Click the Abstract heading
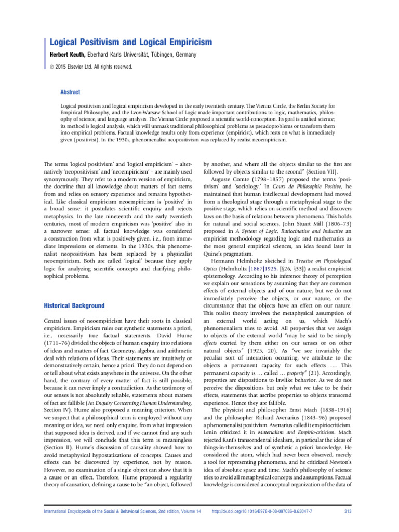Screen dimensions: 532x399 pos(71,92)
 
